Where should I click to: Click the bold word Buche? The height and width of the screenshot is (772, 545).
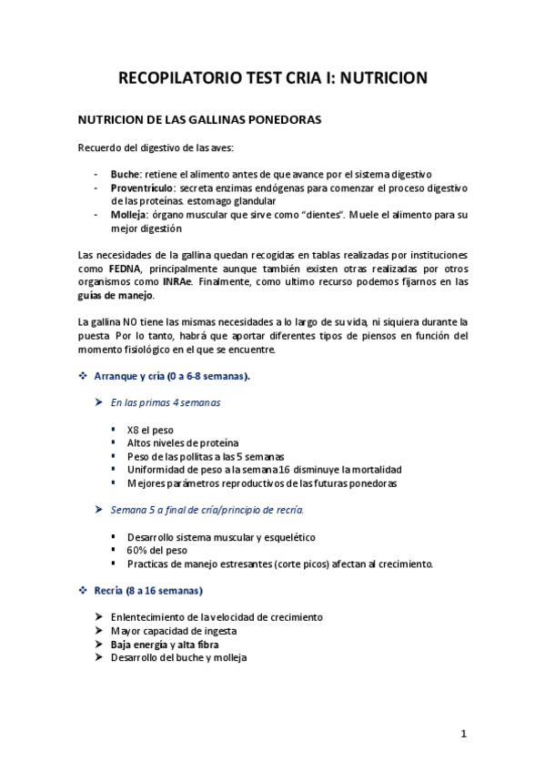[125, 174]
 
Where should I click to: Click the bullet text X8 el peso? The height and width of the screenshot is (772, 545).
[150, 430]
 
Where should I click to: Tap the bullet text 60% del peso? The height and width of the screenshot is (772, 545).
[157, 550]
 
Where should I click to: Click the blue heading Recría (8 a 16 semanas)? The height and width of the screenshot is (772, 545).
[148, 590]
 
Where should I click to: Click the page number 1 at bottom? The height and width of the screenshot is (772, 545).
[463, 734]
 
